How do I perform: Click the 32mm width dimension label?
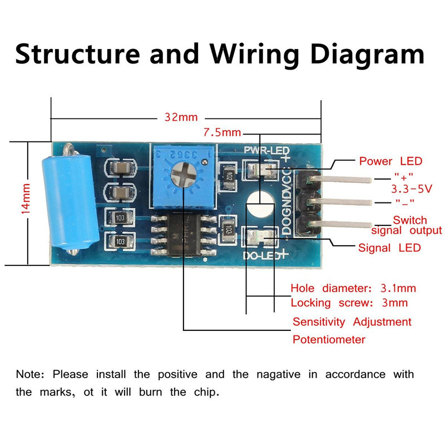click(181, 118)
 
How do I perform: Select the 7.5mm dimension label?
click(221, 133)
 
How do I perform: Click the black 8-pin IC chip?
click(182, 234)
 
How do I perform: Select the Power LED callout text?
click(390, 161)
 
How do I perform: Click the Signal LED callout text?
click(389, 248)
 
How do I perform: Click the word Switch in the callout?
click(409, 220)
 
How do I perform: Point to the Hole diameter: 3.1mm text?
click(353, 288)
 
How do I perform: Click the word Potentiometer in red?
click(329, 339)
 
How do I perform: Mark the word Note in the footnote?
click(29, 374)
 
